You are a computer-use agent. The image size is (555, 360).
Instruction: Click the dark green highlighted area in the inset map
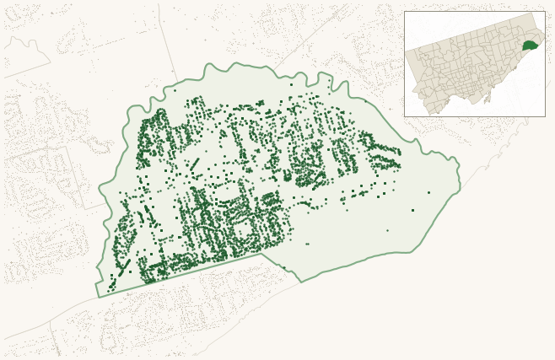[530, 46]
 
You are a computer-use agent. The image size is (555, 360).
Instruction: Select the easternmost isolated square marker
[428, 192]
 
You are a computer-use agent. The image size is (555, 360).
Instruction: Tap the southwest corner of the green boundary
[98, 297]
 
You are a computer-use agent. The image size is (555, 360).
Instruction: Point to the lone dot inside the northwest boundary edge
[175, 89]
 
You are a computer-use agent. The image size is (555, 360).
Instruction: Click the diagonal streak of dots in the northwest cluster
[194, 163]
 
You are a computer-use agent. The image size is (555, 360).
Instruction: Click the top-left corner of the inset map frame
[404, 11]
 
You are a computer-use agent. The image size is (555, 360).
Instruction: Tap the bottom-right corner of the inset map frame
[545, 116]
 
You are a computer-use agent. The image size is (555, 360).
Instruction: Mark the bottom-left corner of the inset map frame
[404, 116]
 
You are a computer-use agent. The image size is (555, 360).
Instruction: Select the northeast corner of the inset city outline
[536, 13]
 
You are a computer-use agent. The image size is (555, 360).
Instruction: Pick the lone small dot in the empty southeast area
[387, 230]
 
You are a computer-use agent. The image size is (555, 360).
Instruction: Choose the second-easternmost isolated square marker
[412, 210]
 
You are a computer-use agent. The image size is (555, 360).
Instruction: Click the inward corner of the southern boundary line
[262, 254]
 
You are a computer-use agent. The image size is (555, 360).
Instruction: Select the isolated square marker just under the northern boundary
[290, 84]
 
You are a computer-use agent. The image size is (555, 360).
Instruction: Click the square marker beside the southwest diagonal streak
[111, 275]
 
